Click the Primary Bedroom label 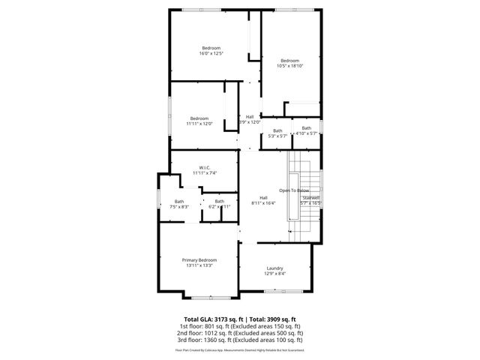(199, 259)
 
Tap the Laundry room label (274, 268)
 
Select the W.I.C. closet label (204, 167)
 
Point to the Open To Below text (295, 190)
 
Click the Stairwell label (310, 197)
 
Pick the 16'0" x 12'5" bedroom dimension (211, 54)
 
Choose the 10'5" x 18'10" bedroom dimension (289, 66)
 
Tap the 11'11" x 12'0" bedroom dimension (199, 124)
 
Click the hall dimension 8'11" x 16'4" (263, 202)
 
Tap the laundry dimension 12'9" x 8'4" (274, 274)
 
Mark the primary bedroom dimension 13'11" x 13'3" (199, 265)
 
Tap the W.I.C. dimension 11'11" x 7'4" (204, 173)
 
